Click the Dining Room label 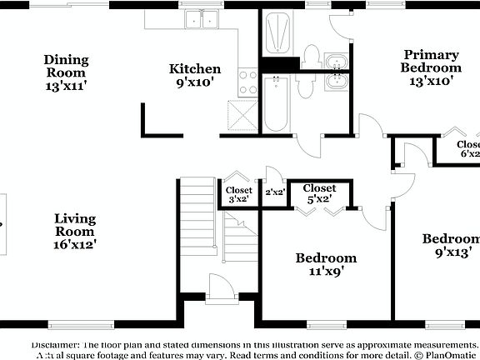(66, 72)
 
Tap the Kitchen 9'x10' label (195, 75)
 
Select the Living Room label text (75, 232)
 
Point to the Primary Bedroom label (429, 67)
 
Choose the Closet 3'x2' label (238, 194)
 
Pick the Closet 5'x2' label (319, 194)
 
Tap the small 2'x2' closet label (274, 192)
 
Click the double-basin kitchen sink (201, 19)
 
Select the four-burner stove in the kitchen (248, 81)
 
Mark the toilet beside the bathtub (305, 86)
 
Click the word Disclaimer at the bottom (56, 344)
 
